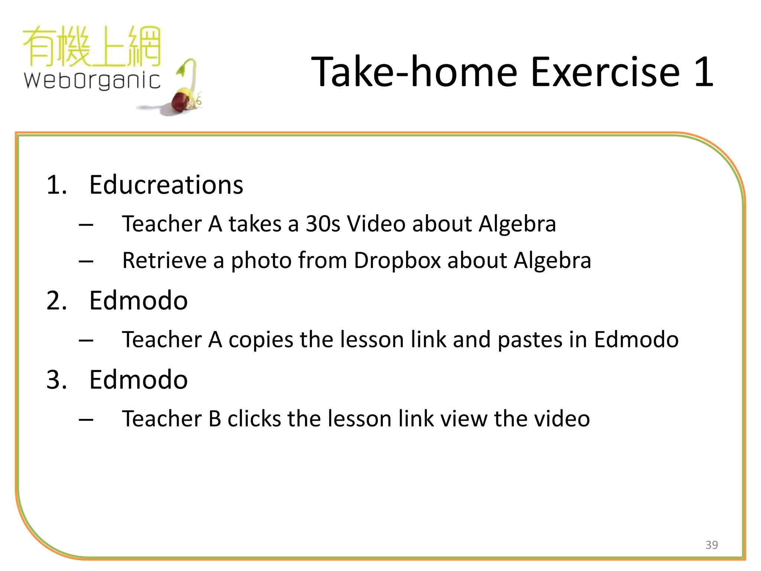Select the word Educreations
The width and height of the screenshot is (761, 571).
pyautogui.click(x=166, y=185)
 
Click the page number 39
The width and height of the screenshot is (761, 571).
pyautogui.click(x=712, y=545)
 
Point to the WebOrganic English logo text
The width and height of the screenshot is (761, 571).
pyautogui.click(x=92, y=80)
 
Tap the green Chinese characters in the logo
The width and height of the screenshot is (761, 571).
pyautogui.click(x=92, y=46)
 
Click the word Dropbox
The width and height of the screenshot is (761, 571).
pyautogui.click(x=397, y=261)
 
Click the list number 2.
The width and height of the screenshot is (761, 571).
pyautogui.click(x=56, y=300)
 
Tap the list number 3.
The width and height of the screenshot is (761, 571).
pyautogui.click(x=56, y=380)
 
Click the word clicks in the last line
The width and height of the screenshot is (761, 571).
pyautogui.click(x=254, y=419)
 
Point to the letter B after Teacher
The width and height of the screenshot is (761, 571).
pyautogui.click(x=215, y=419)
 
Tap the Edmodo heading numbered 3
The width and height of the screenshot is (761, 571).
pyautogui.click(x=138, y=380)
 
